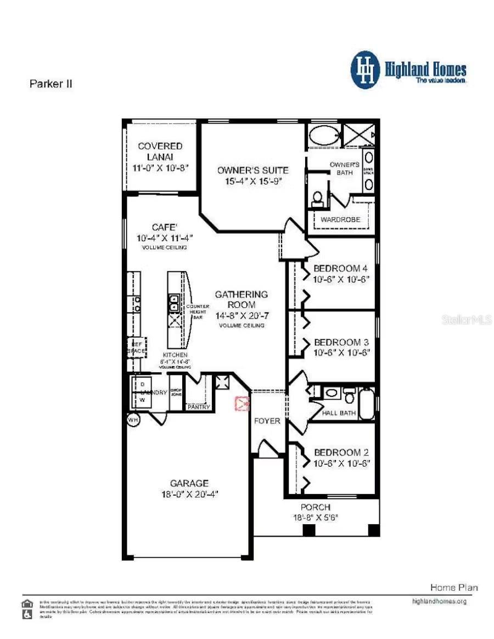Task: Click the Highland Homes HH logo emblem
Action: pyautogui.click(x=365, y=70)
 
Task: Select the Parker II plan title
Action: pyautogui.click(x=50, y=84)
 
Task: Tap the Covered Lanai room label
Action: pyautogui.click(x=160, y=152)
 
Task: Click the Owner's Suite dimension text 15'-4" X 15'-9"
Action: pyautogui.click(x=252, y=181)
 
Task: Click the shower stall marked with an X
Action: pyautogui.click(x=360, y=135)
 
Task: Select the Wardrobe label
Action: pyautogui.click(x=340, y=220)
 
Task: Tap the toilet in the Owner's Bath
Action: pyautogui.click(x=317, y=199)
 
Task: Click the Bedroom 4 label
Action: pyautogui.click(x=340, y=268)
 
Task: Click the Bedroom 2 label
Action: pyautogui.click(x=340, y=452)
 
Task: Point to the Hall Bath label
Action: pyautogui.click(x=339, y=413)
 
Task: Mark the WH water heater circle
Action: pyautogui.click(x=133, y=419)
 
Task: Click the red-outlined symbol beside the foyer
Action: pyautogui.click(x=241, y=404)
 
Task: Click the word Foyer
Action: pyautogui.click(x=267, y=421)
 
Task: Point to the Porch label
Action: pyautogui.click(x=315, y=507)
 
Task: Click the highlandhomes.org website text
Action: pyautogui.click(x=439, y=601)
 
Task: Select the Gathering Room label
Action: pyautogui.click(x=241, y=299)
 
